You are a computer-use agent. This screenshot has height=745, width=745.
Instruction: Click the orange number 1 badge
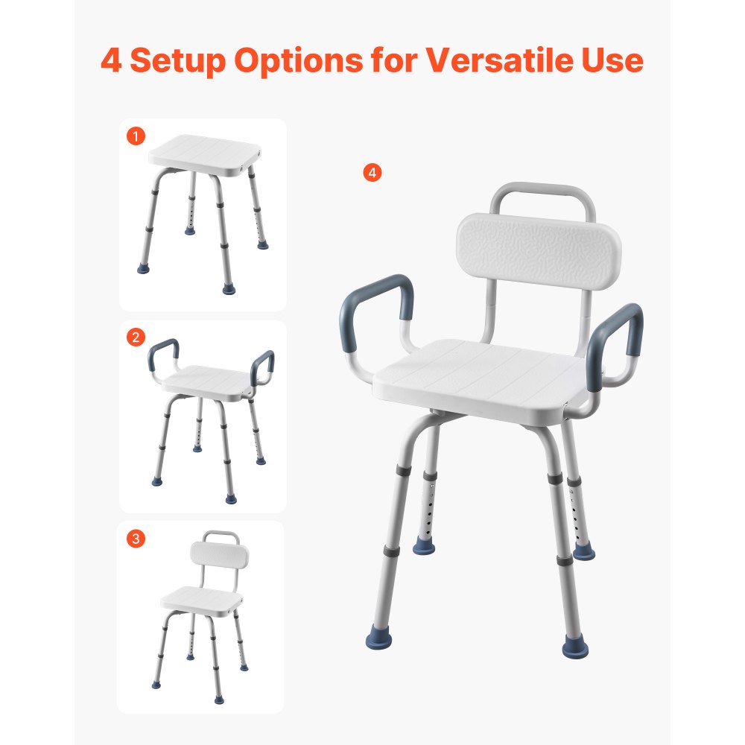click(x=136, y=136)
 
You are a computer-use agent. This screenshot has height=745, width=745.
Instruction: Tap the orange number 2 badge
click(x=136, y=337)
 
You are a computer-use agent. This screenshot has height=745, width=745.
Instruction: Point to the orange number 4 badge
click(x=372, y=173)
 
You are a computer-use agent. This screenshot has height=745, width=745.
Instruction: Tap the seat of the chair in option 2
click(x=207, y=379)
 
